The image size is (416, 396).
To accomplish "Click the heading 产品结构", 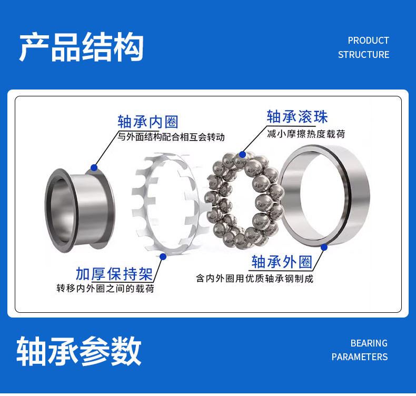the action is click(81, 47).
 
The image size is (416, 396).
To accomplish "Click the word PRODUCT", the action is click(368, 41).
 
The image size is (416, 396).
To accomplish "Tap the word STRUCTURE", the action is click(363, 55).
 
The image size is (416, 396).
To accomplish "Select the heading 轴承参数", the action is click(79, 351).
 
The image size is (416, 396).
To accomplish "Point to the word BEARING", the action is click(369, 343).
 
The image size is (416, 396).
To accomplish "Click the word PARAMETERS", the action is click(360, 357).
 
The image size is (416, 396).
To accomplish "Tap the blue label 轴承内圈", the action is click(148, 122).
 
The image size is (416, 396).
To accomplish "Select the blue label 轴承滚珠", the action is click(297, 117).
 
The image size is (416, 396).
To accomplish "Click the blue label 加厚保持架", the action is click(114, 274).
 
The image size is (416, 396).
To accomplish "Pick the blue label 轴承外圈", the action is click(282, 262).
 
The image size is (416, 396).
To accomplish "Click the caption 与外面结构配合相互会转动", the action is click(171, 137).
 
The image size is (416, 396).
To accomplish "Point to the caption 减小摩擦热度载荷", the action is click(306, 134).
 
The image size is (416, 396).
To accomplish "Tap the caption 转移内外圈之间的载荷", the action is click(105, 289).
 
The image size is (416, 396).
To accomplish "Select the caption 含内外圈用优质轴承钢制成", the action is click(255, 279).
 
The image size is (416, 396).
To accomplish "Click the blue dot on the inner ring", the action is click(94, 167).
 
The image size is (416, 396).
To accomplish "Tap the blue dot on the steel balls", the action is click(242, 154).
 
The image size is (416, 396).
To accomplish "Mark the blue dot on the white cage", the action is click(163, 256).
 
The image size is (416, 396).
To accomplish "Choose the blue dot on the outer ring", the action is click(324, 247).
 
